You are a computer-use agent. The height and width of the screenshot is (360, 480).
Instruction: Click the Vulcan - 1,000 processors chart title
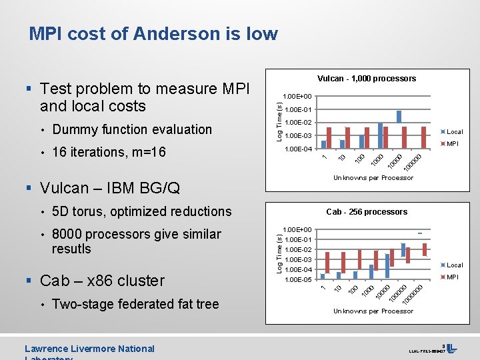click(x=367, y=79)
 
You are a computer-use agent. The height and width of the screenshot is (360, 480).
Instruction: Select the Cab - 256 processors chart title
click(x=367, y=212)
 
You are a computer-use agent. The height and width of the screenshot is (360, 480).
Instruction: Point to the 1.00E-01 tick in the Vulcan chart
click(x=297, y=109)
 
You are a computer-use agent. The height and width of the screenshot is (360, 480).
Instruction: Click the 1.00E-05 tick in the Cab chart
click(x=297, y=279)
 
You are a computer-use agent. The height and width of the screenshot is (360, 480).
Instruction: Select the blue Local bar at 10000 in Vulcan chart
click(x=399, y=116)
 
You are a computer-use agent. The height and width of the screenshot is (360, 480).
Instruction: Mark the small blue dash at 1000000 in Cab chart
click(x=420, y=233)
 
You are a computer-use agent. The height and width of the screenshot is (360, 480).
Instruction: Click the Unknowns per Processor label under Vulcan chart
click(x=373, y=177)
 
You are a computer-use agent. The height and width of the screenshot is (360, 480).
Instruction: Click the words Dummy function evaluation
click(x=131, y=129)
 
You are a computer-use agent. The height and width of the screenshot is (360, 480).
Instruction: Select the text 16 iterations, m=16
click(x=109, y=152)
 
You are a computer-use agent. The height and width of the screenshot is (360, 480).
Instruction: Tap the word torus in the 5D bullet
click(x=88, y=211)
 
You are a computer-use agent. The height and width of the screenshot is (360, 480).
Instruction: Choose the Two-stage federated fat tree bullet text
click(x=135, y=304)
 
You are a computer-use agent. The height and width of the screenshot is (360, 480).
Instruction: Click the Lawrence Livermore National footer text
click(x=89, y=349)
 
